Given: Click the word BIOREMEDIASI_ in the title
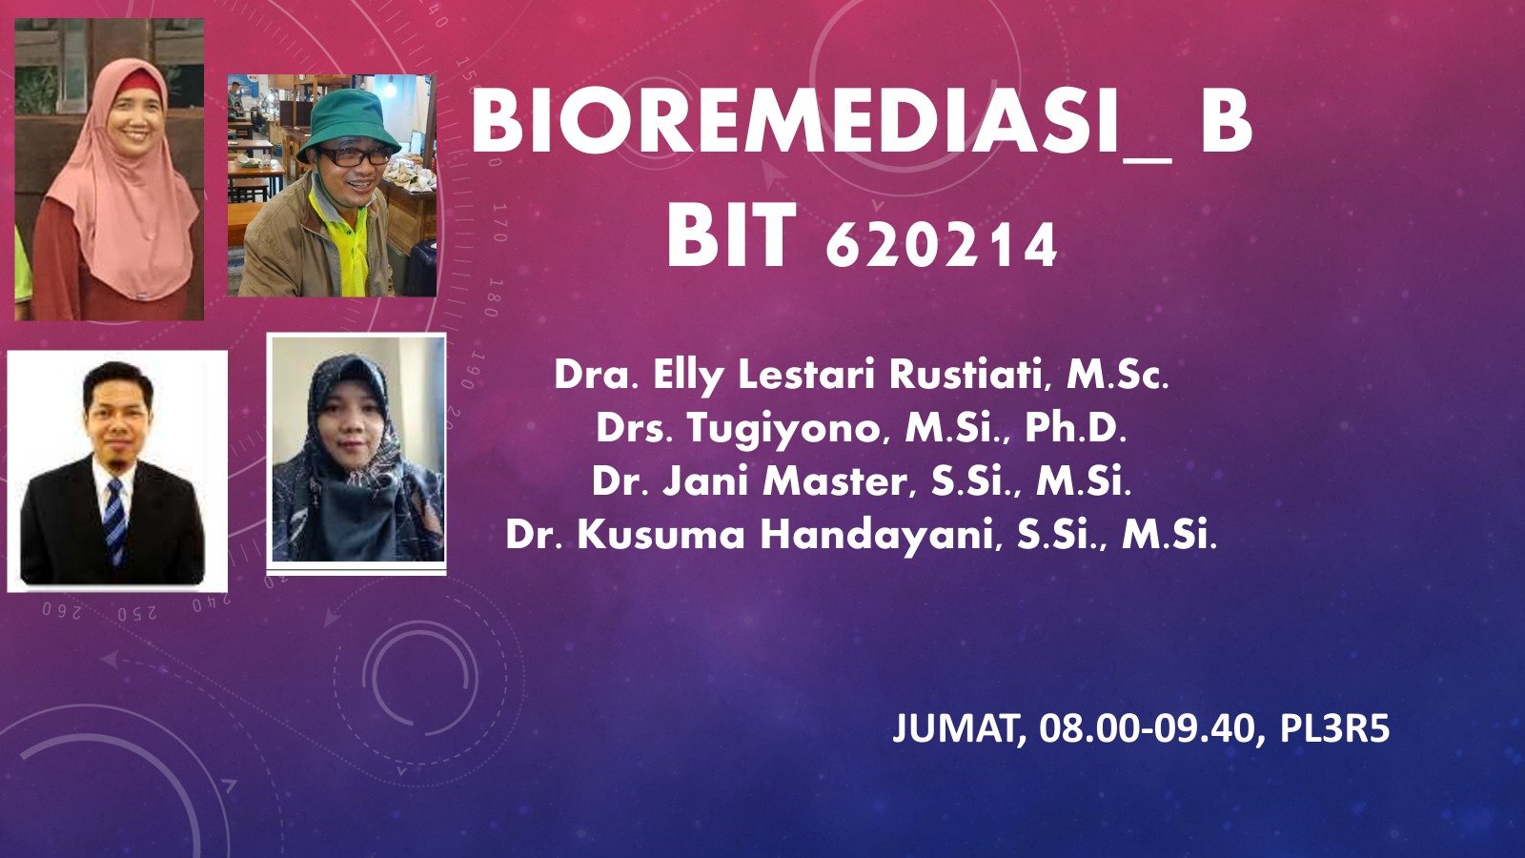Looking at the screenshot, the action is click(821, 125).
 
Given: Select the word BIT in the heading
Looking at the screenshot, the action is click(731, 235).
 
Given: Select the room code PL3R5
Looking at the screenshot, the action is click(1335, 728).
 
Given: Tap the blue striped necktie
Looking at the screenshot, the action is click(115, 520).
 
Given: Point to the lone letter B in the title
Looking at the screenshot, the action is click(1226, 125).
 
